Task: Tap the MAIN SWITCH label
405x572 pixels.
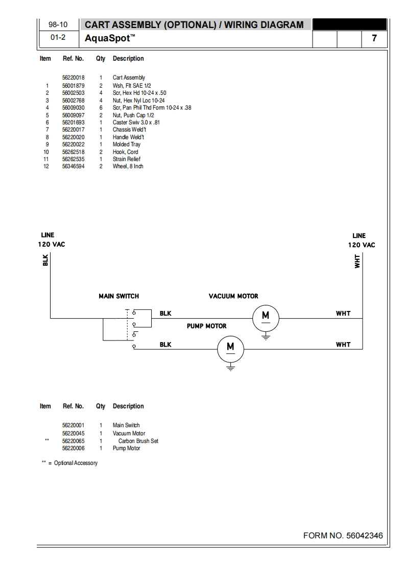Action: point(118,296)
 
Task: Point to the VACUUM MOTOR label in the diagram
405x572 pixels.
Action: point(233,296)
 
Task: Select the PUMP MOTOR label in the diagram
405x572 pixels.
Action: point(206,326)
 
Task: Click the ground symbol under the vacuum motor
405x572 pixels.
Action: point(265,336)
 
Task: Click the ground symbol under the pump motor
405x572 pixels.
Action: point(230,367)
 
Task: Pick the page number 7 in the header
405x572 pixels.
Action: point(374,38)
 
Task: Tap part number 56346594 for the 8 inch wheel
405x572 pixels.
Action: point(73,167)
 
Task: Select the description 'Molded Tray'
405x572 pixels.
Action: point(127,144)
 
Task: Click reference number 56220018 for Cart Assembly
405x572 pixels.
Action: point(73,78)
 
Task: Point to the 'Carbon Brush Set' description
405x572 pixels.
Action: point(138,441)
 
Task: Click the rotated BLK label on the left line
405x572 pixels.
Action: point(45,260)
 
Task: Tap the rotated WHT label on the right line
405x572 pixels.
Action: point(357,261)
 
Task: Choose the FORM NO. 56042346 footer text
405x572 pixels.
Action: point(343,536)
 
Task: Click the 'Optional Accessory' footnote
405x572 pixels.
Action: point(75,463)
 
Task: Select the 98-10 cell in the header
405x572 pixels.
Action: point(58,25)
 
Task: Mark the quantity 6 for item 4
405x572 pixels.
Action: point(101,108)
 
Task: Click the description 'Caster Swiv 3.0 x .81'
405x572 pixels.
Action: point(136,122)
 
